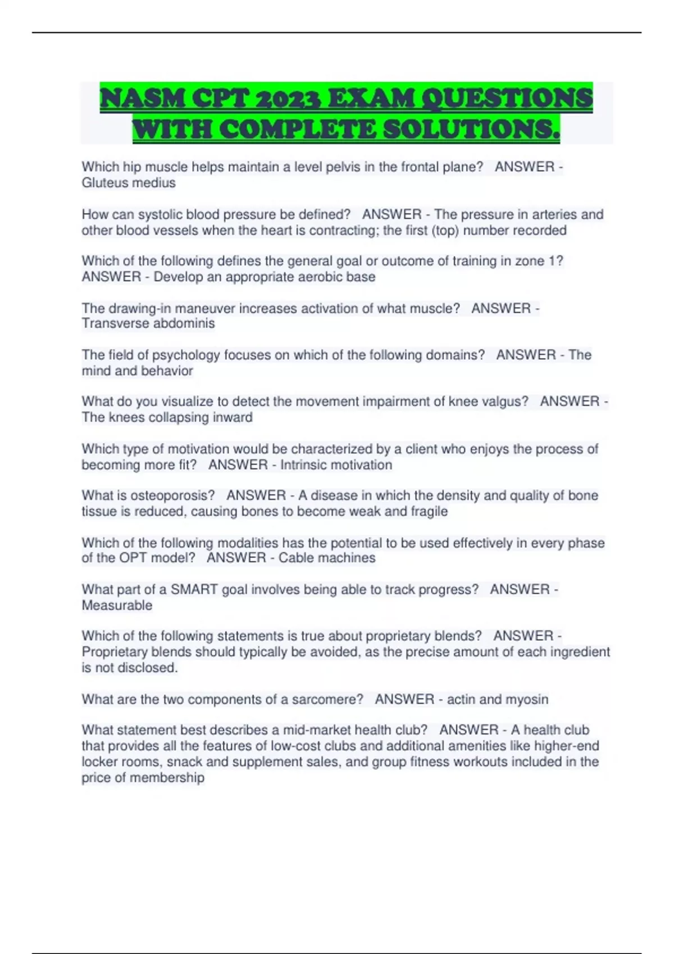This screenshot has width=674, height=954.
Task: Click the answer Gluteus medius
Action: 129,183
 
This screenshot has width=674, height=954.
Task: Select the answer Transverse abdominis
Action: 148,323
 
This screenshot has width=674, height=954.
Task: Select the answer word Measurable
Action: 117,605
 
